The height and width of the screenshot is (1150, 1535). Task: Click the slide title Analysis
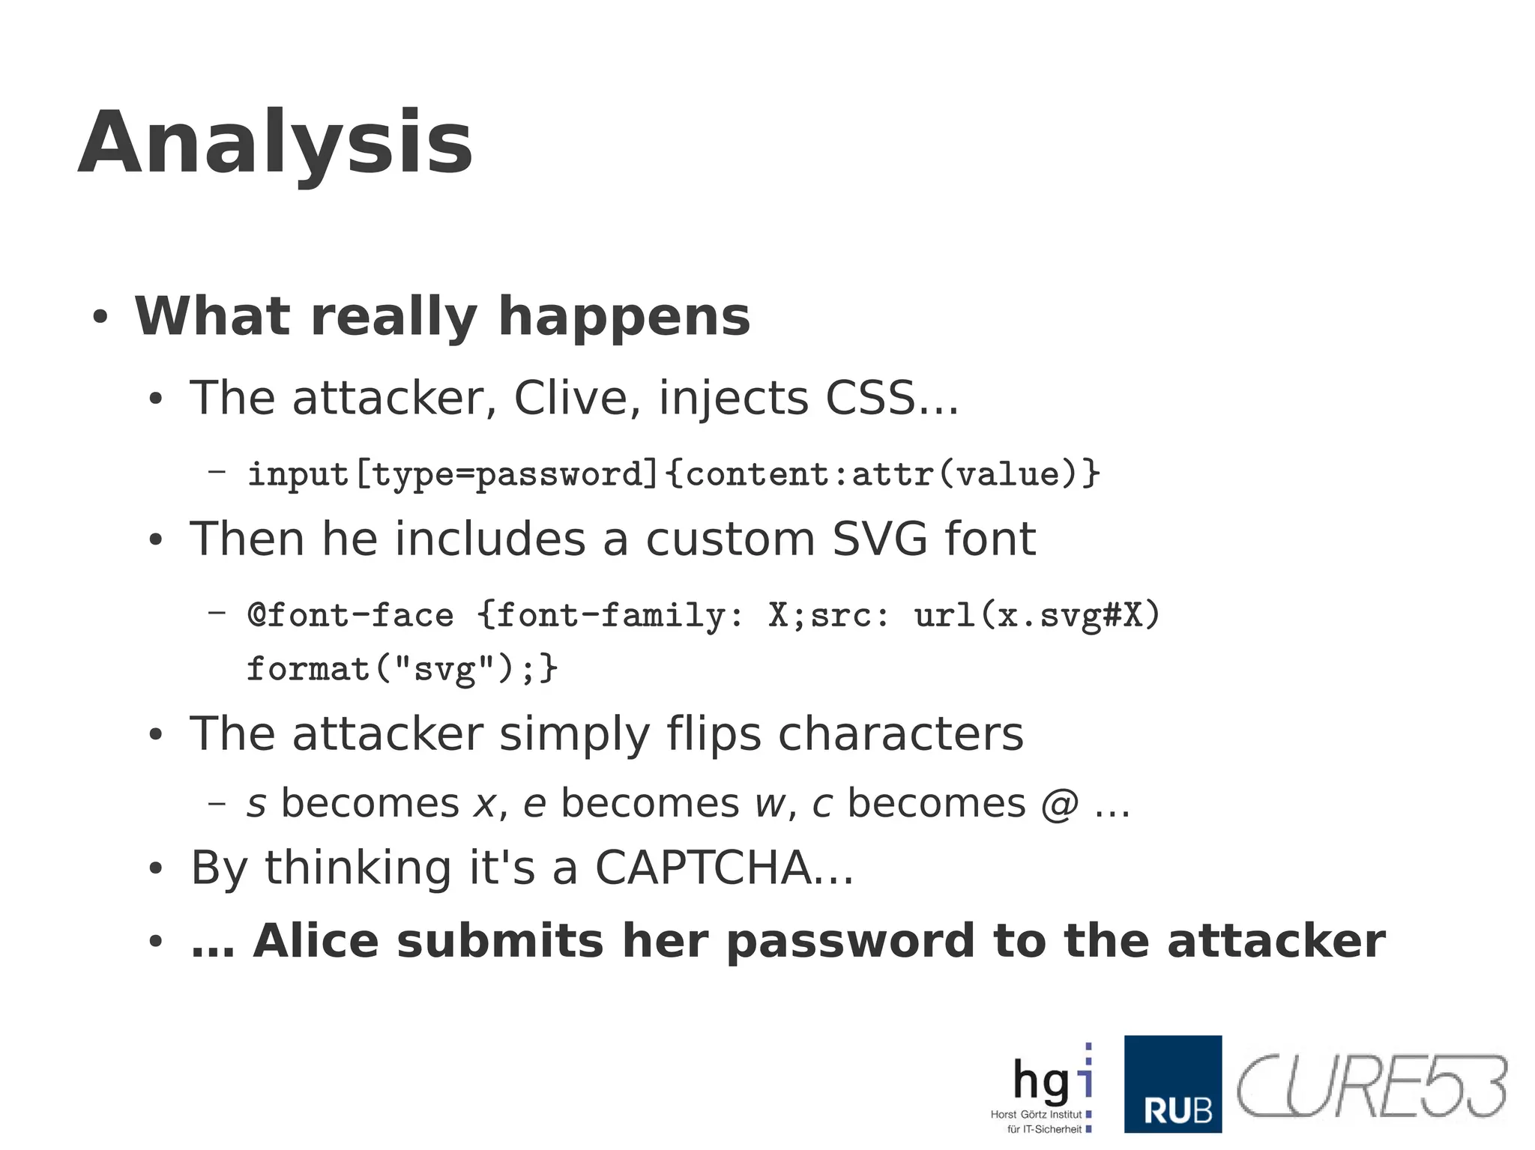pos(275,142)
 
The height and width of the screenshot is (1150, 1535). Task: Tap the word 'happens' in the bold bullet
pos(624,316)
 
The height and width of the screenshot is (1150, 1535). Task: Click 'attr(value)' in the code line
pos(975,474)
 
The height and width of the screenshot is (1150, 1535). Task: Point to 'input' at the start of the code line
pos(298,474)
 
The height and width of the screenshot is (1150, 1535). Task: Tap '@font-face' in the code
pos(350,616)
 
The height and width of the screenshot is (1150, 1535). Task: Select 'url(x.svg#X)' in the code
pos(1037,616)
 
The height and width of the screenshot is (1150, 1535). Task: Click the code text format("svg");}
pos(402,668)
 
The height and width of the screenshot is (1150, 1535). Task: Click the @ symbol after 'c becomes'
pos(1059,805)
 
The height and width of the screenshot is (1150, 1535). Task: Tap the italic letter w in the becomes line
pos(769,805)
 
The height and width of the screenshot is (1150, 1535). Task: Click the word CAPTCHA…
pos(723,868)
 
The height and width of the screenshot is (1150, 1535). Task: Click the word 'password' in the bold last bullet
pos(850,941)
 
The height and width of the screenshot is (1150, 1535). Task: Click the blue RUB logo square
pos(1172,1084)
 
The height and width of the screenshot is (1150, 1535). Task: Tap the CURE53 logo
pos(1371,1087)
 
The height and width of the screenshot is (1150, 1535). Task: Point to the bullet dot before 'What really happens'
pos(100,317)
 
